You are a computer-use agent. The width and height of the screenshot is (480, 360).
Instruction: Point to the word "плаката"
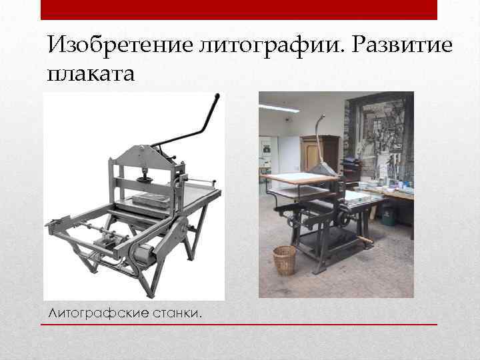tap(91, 72)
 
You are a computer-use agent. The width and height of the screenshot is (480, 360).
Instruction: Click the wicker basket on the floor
tap(285, 260)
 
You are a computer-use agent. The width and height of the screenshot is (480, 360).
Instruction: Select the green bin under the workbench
tap(389, 214)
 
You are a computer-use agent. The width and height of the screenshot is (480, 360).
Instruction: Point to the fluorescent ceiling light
tap(279, 108)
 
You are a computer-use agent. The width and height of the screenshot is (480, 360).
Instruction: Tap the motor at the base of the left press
tap(142, 254)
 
